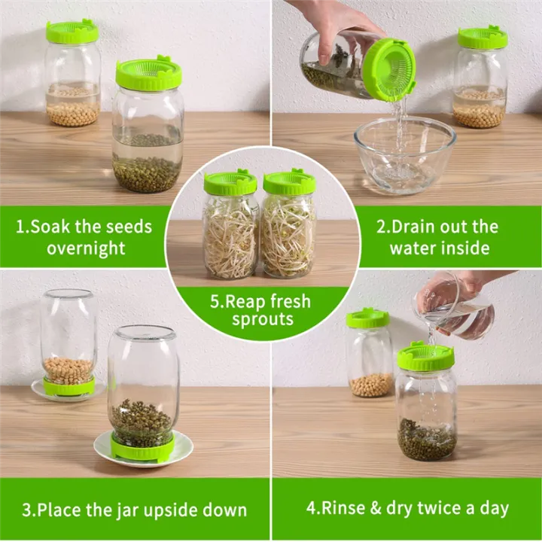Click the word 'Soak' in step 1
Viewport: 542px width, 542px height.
pos(52,227)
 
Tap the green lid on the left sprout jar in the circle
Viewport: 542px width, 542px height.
pos(230,184)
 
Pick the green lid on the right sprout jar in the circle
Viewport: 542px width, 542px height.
pos(289,183)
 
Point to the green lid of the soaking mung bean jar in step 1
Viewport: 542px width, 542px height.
pos(149,74)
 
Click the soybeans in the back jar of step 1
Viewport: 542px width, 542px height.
pos(72,113)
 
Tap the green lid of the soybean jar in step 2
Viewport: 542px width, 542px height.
pos(483,38)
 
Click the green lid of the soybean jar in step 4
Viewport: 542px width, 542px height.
pos(367,318)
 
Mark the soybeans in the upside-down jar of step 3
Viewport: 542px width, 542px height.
pos(69,369)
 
